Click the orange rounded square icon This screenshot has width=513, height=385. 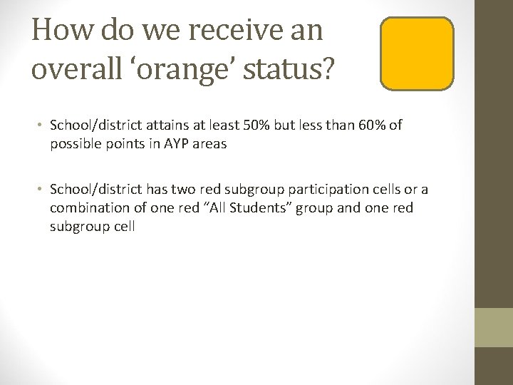coord(418,54)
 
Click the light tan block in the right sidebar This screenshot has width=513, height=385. coord(494,327)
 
